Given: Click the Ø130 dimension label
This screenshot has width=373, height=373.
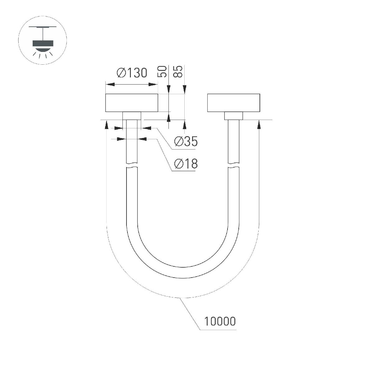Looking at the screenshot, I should (131, 73).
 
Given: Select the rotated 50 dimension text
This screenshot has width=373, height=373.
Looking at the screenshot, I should (163, 71).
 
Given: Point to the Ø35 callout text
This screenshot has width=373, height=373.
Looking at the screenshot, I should (186, 142).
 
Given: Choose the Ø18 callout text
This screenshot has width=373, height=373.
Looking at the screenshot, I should (186, 163).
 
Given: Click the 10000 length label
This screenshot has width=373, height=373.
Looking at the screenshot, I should (220, 321).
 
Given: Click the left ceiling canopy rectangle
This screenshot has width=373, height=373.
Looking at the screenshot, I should (132, 103).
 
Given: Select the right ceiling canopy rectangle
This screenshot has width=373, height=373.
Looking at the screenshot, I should (233, 103).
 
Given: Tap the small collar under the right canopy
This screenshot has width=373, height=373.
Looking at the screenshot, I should (233, 116).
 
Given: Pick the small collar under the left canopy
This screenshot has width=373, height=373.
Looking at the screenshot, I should (132, 116).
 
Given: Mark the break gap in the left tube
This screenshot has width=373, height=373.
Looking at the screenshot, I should (132, 166).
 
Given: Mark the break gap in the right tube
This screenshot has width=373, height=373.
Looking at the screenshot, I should (233, 166).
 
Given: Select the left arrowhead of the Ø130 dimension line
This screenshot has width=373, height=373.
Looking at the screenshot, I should (109, 84).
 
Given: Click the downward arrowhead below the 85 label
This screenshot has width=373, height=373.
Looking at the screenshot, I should (185, 90).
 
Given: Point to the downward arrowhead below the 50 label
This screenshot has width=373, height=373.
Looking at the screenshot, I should (168, 90).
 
